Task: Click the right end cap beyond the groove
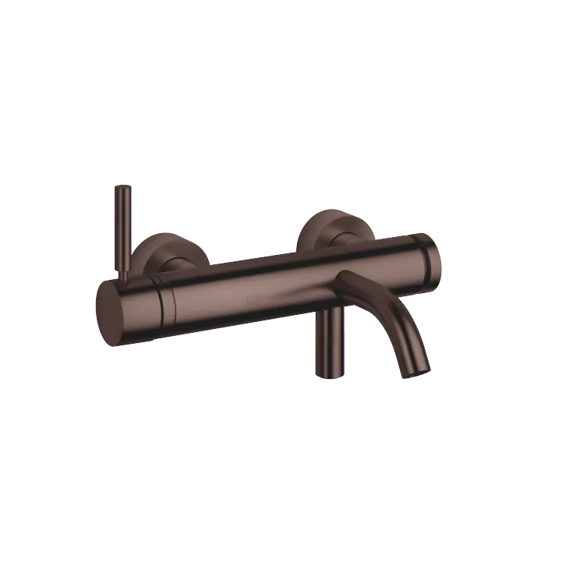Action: (432, 256)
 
